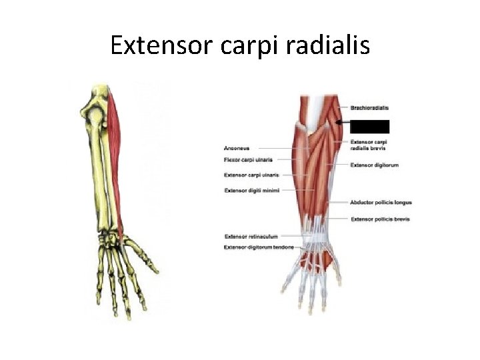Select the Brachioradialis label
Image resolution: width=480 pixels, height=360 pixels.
point(369,108)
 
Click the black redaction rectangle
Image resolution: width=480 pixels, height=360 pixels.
point(369,125)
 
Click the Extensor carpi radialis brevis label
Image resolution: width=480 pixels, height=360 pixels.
point(369,145)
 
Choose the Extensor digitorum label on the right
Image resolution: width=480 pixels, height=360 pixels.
point(374,165)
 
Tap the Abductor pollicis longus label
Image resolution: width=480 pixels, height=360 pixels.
point(381,202)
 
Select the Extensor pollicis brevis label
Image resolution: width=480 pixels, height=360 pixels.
point(380,219)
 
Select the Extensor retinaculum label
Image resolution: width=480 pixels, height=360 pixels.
point(251,236)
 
